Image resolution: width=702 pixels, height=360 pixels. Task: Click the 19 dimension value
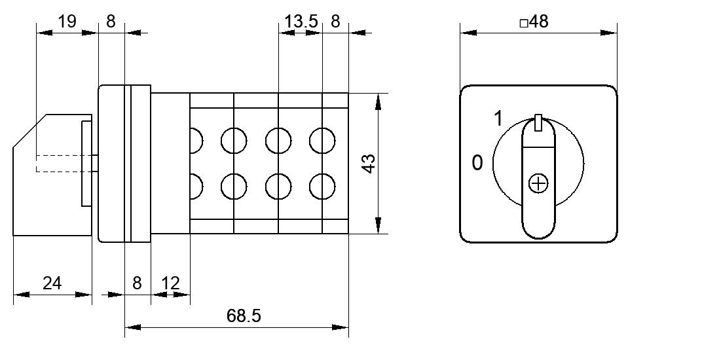[67, 22]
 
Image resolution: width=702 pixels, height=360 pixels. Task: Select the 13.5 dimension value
[301, 22]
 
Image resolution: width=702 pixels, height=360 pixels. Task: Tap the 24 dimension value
[52, 283]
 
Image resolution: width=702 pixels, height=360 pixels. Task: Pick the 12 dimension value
[170, 283]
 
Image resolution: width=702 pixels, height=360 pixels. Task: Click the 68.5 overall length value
[243, 316]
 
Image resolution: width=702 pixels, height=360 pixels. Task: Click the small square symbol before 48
[524, 24]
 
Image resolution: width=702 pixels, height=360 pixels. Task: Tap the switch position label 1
[498, 119]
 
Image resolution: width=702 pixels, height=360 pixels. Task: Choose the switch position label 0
[477, 162]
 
